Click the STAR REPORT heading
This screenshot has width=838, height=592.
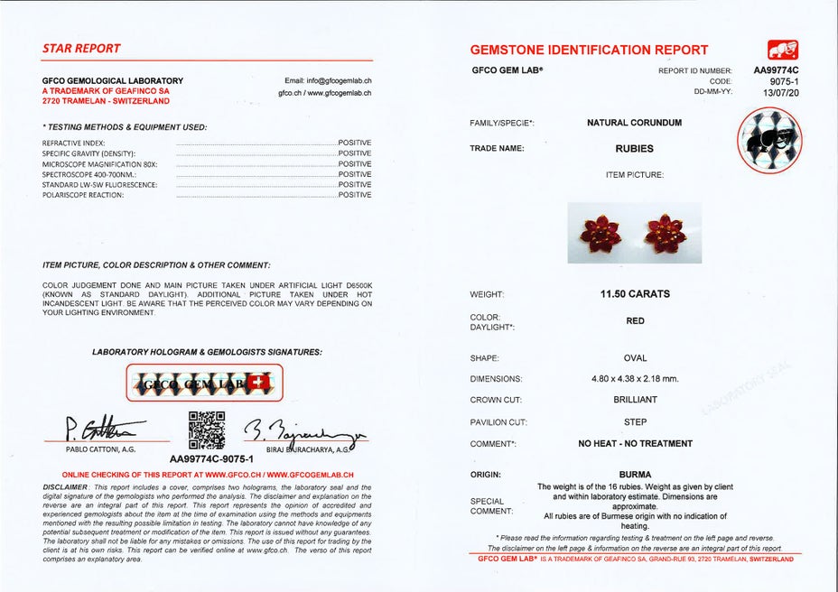81,48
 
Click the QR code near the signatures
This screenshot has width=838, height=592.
206,430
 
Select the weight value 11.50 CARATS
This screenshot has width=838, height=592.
635,294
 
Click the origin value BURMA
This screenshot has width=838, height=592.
635,474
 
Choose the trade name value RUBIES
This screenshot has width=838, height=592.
635,149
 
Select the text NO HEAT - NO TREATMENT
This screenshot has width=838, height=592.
635,443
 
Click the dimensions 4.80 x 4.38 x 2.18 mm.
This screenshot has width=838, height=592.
635,379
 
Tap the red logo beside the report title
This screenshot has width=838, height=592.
782,50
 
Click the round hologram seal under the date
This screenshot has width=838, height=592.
771,140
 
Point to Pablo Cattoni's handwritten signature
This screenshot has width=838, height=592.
101,428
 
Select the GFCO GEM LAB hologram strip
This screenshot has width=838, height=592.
203,384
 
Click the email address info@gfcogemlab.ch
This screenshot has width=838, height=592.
328,81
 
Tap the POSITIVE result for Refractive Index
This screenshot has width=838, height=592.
354,143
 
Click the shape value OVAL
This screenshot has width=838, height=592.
635,358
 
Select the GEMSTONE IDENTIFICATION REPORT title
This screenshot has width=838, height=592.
589,50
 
